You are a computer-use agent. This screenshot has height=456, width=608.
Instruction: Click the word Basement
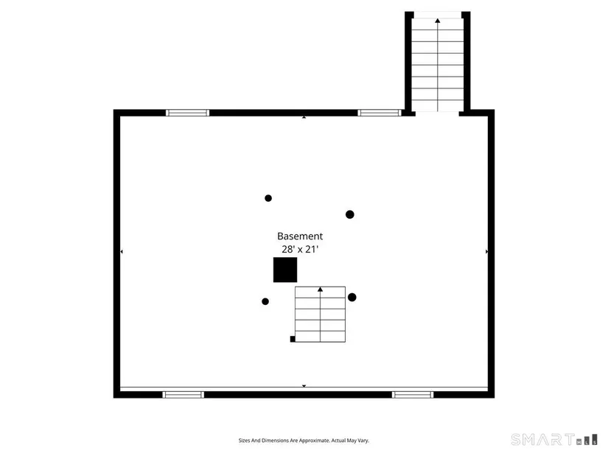point(300,236)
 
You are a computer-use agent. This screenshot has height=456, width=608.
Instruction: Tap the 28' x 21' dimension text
point(300,249)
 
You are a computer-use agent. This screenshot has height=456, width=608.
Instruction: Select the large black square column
point(285,270)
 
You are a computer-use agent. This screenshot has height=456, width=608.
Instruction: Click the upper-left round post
point(268,198)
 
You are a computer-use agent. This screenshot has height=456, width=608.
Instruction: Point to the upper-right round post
point(350,214)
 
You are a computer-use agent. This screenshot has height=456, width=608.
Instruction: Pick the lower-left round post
point(265,301)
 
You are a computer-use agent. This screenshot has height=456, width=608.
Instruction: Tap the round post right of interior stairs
point(352,298)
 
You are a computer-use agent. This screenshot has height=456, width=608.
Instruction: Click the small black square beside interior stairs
point(293,340)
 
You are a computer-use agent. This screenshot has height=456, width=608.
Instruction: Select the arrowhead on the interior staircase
point(321,290)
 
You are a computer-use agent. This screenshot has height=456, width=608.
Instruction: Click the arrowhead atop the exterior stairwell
point(438,21)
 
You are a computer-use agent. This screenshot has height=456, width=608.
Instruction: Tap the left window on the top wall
point(188,113)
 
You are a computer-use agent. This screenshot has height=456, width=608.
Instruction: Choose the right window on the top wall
point(380,113)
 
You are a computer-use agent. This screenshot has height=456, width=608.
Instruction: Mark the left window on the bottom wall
point(183,395)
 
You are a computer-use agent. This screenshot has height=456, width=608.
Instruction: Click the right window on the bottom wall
point(413,395)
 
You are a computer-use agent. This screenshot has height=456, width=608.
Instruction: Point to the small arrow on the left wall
point(122,252)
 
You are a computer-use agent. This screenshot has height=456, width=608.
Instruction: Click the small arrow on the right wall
point(487,252)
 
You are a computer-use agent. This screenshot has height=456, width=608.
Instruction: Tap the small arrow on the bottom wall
point(304,386)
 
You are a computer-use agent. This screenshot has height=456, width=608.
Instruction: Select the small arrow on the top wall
point(304,117)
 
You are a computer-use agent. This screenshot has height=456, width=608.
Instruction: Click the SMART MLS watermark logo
point(554,440)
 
